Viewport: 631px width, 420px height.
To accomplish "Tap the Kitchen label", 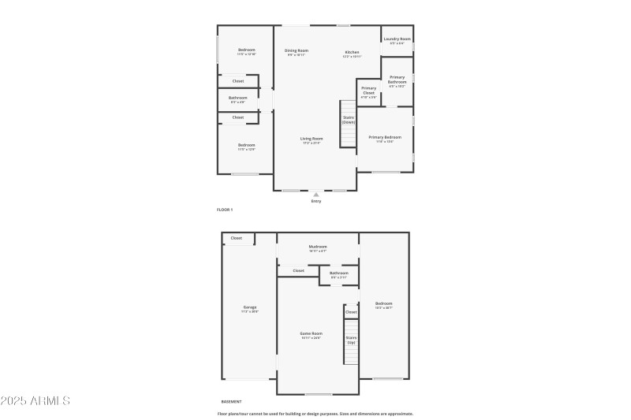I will [x=351, y=52].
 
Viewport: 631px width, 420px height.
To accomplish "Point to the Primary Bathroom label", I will [x=397, y=81].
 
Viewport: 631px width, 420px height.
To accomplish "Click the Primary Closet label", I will [x=368, y=91].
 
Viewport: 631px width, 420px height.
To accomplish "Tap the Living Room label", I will [x=312, y=140].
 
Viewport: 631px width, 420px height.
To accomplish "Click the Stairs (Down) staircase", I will [x=349, y=125].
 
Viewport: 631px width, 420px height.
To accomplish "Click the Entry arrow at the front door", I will [x=316, y=194].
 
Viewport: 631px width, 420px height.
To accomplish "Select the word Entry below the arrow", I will [x=316, y=201].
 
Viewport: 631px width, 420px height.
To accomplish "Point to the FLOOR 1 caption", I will [x=225, y=210].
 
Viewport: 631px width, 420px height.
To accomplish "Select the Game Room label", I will [x=312, y=335].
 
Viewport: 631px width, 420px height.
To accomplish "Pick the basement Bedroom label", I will [x=384, y=305].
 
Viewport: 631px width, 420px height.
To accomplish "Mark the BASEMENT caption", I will [x=231, y=401].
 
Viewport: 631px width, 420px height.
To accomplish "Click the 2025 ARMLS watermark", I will [x=35, y=401].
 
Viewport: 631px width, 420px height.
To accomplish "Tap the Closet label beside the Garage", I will [x=237, y=238].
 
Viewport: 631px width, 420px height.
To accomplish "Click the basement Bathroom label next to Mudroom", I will [x=339, y=275].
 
